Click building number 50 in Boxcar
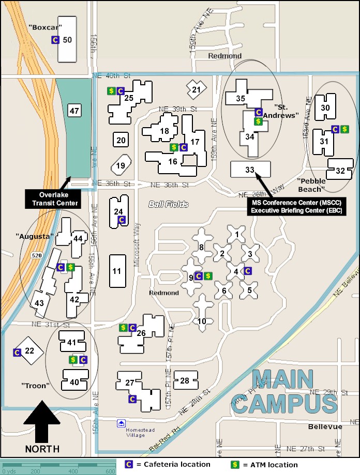(x=67, y=40)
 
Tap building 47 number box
(x=74, y=110)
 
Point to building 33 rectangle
(x=250, y=169)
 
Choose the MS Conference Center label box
(x=298, y=206)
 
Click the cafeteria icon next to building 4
(x=247, y=270)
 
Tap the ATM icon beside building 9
(x=207, y=276)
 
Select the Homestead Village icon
(x=121, y=423)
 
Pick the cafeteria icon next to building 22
(x=17, y=352)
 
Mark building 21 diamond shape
(x=196, y=89)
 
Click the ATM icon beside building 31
(x=344, y=129)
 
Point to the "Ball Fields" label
(x=168, y=204)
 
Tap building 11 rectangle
(x=117, y=271)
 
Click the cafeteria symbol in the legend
(x=129, y=465)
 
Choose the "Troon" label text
(x=35, y=386)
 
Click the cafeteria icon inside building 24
(x=122, y=220)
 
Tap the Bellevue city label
(x=325, y=426)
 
